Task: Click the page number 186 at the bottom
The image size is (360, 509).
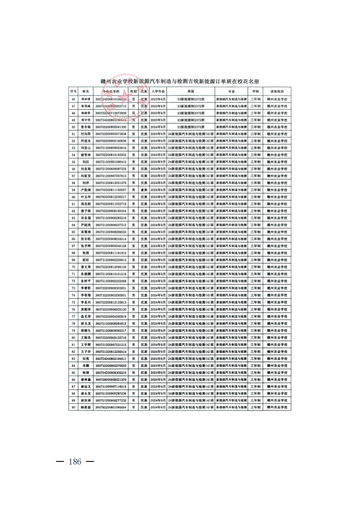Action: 75,462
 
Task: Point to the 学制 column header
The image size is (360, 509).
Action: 256,91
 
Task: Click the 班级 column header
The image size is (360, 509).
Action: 191,91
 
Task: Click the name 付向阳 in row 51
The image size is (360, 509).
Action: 86,134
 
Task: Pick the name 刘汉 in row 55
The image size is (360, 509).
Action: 86,162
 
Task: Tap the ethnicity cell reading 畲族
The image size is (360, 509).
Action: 144,189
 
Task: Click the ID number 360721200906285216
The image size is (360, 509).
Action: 111,218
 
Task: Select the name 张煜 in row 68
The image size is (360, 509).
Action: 86,253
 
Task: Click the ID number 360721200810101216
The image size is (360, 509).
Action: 111,274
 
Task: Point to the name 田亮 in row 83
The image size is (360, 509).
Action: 86,359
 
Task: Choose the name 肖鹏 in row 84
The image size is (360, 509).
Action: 86,365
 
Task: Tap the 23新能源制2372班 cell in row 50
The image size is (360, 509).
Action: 191,127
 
